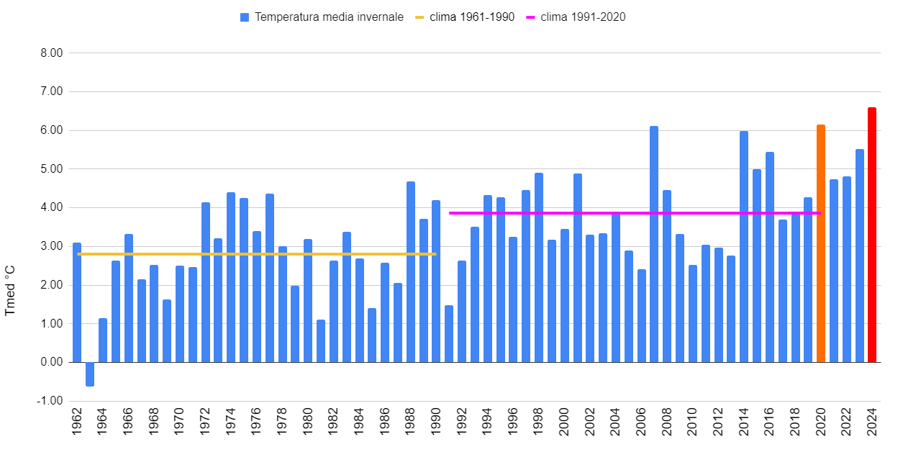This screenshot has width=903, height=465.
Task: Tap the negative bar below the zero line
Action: (x=90, y=374)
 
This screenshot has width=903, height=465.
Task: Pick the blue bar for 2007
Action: (x=654, y=244)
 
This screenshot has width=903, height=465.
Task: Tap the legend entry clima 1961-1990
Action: (x=472, y=17)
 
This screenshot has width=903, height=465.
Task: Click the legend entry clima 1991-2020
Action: (x=583, y=17)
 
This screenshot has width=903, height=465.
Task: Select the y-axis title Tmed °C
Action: (x=10, y=290)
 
